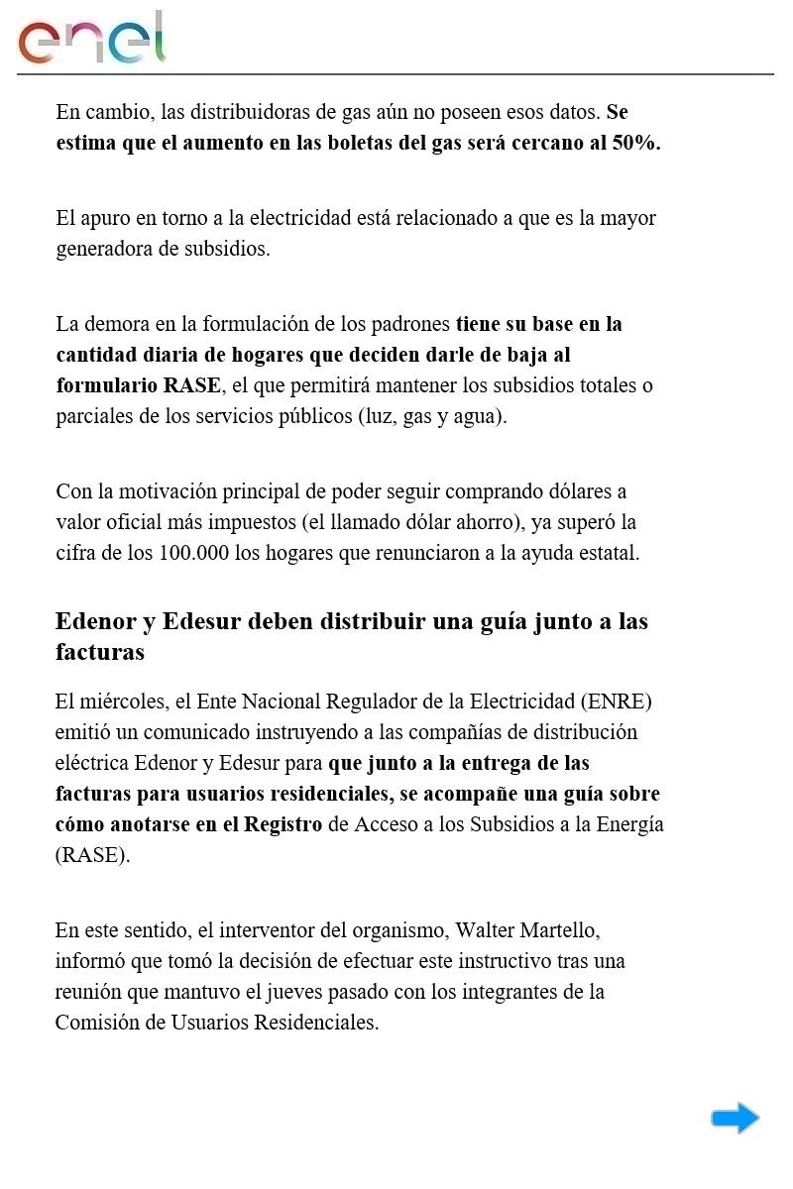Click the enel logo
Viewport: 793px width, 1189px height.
[91, 39]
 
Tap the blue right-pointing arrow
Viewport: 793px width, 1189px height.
[735, 1119]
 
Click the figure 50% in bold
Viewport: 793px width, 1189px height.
[635, 143]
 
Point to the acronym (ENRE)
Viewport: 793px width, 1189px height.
[620, 702]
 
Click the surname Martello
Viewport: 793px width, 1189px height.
[566, 930]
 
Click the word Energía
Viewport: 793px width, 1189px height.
[629, 824]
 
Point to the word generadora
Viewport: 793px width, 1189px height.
[104, 249]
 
